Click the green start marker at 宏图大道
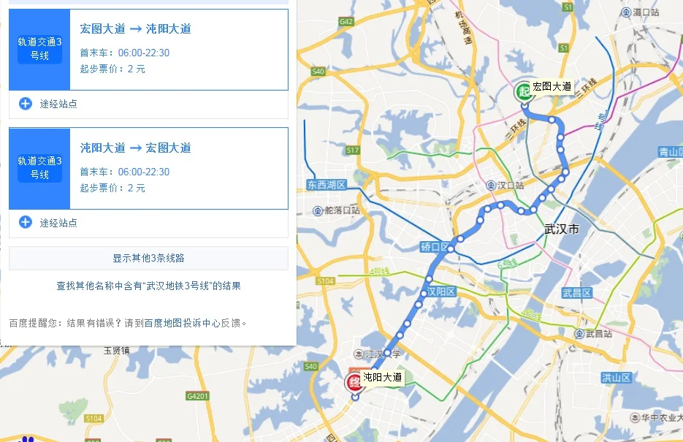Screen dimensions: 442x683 (x=523, y=91)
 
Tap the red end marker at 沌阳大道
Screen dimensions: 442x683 (x=354, y=381)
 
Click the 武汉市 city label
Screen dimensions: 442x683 (x=561, y=229)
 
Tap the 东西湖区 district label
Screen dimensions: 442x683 (x=326, y=185)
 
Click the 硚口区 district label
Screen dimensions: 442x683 (x=435, y=247)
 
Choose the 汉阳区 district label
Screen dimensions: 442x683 (x=441, y=292)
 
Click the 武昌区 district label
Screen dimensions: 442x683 (x=576, y=293)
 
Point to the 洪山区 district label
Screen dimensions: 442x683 (x=616, y=377)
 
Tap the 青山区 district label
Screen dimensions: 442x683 (x=669, y=152)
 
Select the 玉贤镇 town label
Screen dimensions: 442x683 (x=116, y=351)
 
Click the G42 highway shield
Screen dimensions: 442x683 (x=346, y=22)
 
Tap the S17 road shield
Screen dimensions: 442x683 (x=353, y=150)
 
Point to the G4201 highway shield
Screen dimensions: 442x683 (x=197, y=396)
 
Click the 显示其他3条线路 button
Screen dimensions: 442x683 (x=148, y=258)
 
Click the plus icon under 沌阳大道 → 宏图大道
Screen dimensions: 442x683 (x=26, y=222)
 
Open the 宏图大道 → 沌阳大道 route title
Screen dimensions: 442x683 (x=135, y=28)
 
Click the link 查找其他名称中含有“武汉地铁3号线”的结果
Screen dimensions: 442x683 (x=148, y=286)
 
